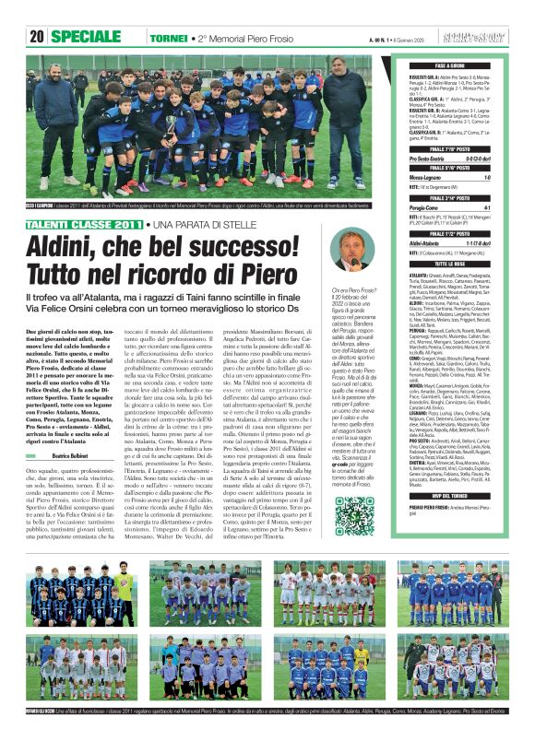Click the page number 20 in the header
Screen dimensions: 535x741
37,37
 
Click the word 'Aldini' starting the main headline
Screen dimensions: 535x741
61,245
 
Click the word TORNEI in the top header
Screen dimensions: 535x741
169,38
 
